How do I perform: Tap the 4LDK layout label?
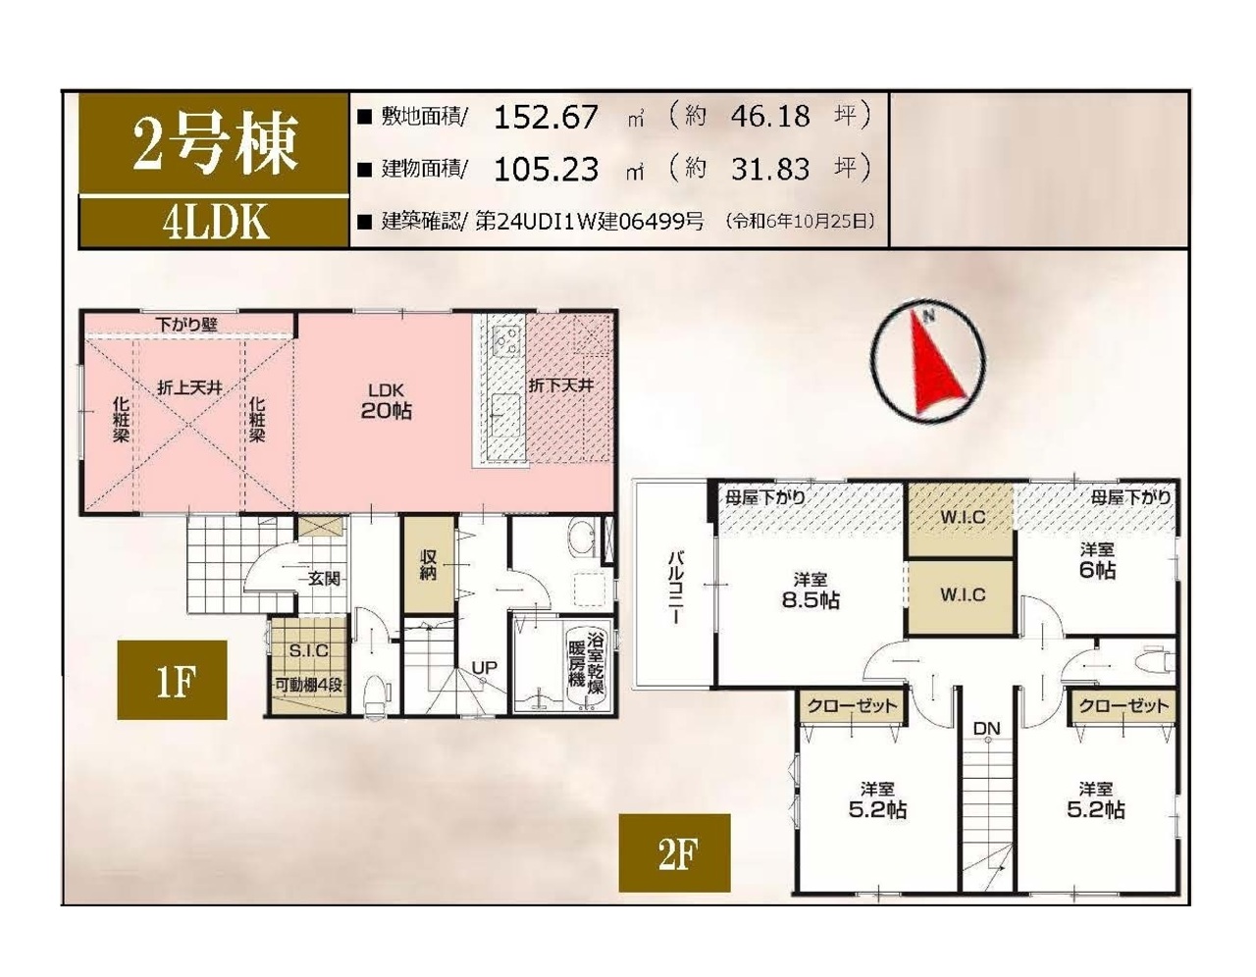(x=215, y=223)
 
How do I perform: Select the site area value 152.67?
(x=547, y=118)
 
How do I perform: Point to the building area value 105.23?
(x=547, y=170)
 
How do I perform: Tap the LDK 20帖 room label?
(x=386, y=401)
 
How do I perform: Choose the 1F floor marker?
(x=172, y=680)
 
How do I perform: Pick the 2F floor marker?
(x=674, y=853)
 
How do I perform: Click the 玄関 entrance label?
(x=324, y=579)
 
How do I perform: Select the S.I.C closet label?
(x=309, y=651)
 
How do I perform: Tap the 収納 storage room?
(x=428, y=564)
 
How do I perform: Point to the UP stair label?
(x=485, y=667)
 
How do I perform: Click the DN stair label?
(x=987, y=729)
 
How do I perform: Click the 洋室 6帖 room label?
(x=1097, y=561)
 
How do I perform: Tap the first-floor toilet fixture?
(x=375, y=695)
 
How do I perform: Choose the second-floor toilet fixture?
(x=1154, y=662)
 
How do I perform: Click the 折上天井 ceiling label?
(x=189, y=387)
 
